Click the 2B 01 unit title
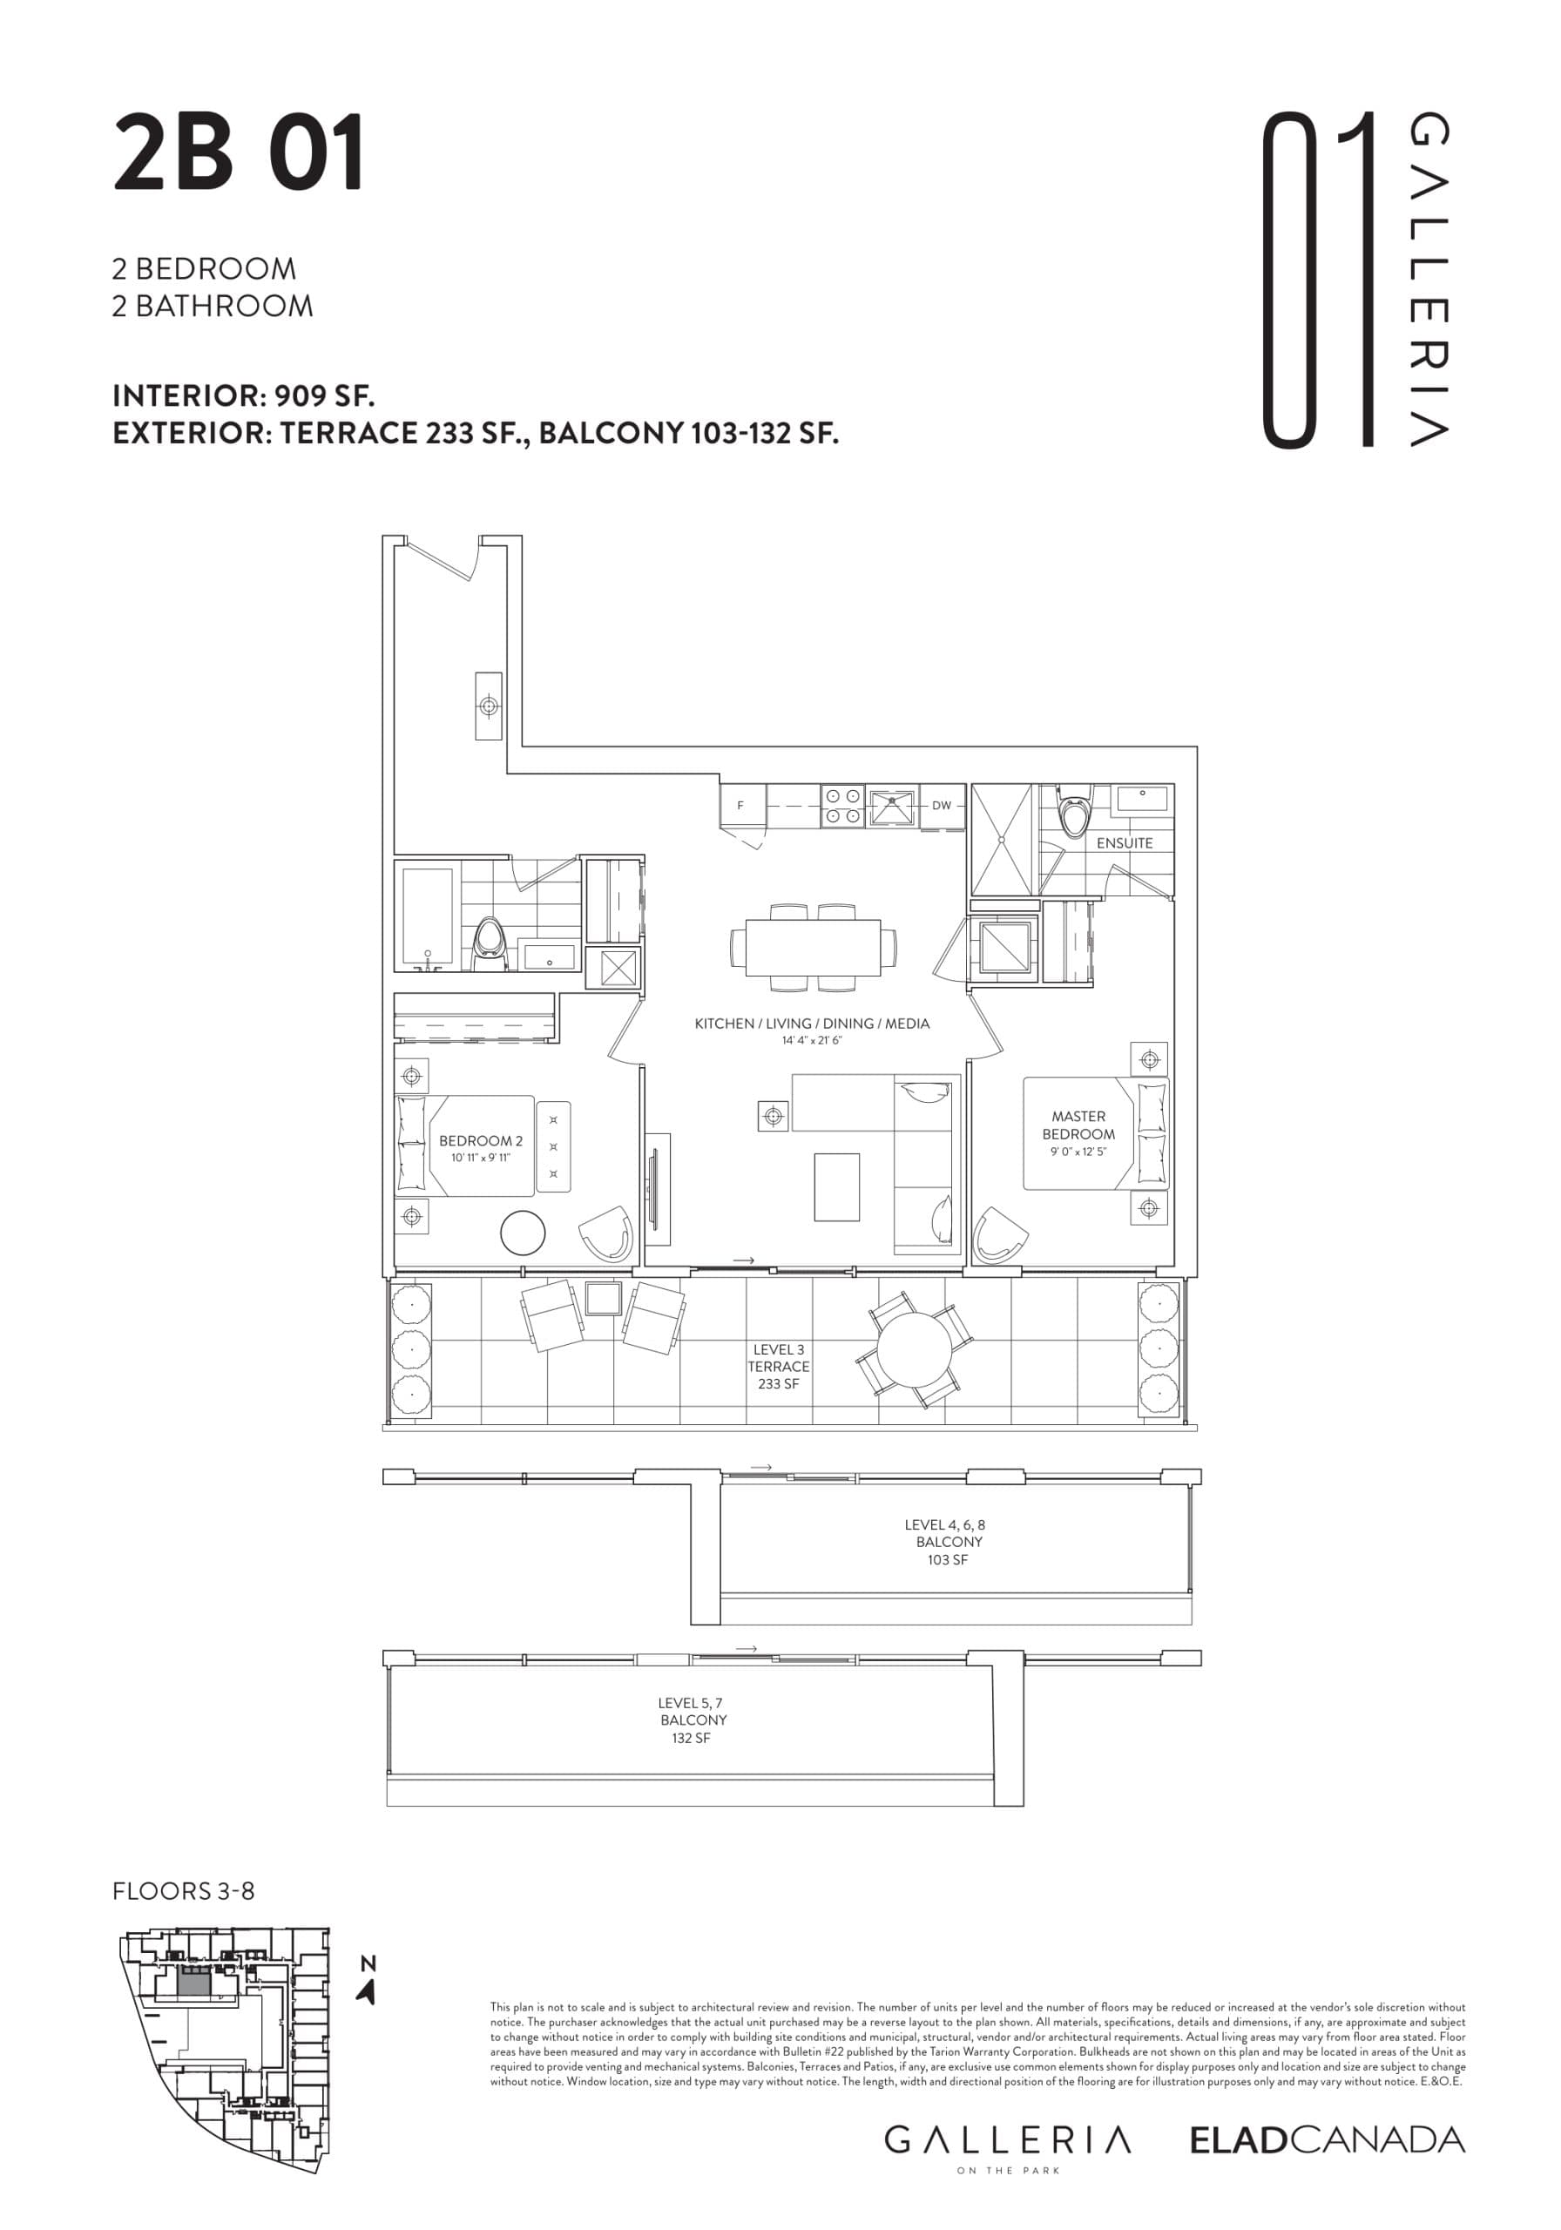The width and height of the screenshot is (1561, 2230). click(238, 153)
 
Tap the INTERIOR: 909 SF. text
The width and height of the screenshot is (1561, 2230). click(243, 395)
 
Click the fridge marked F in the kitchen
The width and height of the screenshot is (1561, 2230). click(741, 805)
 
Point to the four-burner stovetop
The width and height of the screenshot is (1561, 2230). click(842, 806)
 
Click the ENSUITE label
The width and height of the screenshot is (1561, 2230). click(1124, 843)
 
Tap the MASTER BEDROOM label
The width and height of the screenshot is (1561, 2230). click(1078, 1125)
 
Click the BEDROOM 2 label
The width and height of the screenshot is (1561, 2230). click(480, 1140)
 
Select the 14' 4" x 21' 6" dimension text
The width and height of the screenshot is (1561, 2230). click(811, 1040)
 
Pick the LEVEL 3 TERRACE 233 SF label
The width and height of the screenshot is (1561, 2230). click(778, 1366)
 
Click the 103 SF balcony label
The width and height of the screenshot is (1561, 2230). click(947, 1560)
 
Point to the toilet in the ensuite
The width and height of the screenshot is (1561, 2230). click(1072, 814)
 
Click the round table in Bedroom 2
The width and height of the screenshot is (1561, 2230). click(523, 1233)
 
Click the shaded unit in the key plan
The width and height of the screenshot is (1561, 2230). click(193, 1984)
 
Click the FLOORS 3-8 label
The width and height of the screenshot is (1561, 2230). click(184, 1891)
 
